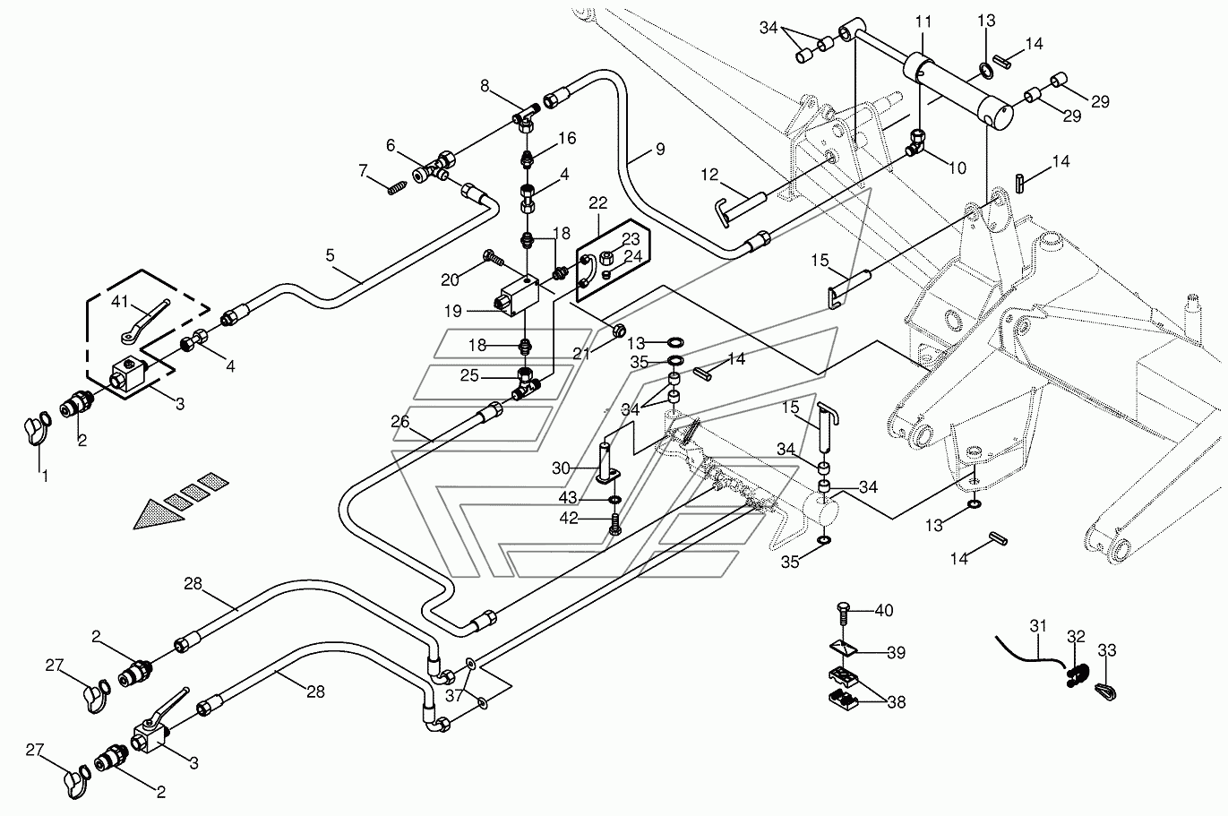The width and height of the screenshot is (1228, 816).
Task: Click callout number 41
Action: coord(119,302)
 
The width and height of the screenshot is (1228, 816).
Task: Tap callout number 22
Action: coord(598,203)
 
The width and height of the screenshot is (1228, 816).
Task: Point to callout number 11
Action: coord(923,21)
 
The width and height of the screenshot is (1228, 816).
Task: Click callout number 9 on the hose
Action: coord(661,150)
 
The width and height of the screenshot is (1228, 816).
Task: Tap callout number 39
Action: coord(897,653)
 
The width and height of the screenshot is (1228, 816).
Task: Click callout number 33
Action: coord(1107,650)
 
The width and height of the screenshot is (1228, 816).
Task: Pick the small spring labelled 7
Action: coord(398,187)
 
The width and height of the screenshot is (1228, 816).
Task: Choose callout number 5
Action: coord(330,255)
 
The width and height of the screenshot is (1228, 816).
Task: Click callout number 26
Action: coord(399,421)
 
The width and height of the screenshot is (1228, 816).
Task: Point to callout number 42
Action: coord(569,518)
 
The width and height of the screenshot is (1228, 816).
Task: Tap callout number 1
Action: coord(46,477)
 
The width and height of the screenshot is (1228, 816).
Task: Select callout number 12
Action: coord(708,175)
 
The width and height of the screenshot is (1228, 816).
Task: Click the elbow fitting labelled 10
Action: coord(915,142)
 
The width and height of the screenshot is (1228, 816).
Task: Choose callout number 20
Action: coord(450,279)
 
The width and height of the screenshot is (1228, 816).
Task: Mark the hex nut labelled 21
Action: coord(619,331)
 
